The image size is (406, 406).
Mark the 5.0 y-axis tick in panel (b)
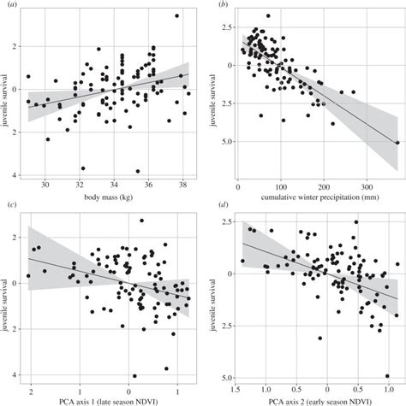coord(226,143)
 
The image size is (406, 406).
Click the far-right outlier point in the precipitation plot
coord(396,143)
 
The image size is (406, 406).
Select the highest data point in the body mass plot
coord(176,15)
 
